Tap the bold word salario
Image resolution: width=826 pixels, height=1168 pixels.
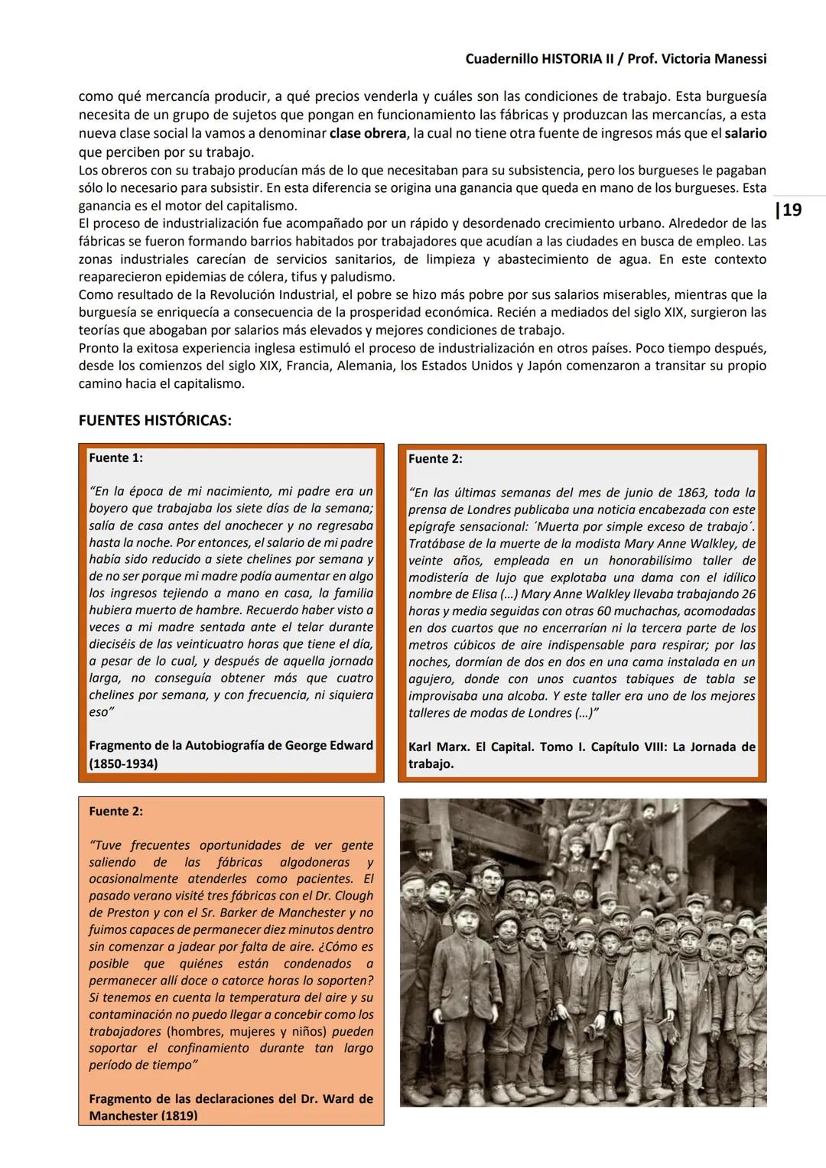coord(745,134)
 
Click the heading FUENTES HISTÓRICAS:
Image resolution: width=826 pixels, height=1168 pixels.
coord(154,421)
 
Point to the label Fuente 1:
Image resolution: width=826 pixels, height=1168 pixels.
coord(115,458)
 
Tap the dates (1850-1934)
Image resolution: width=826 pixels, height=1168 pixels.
coord(123,763)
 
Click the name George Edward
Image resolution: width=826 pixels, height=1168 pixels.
coord(329,745)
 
